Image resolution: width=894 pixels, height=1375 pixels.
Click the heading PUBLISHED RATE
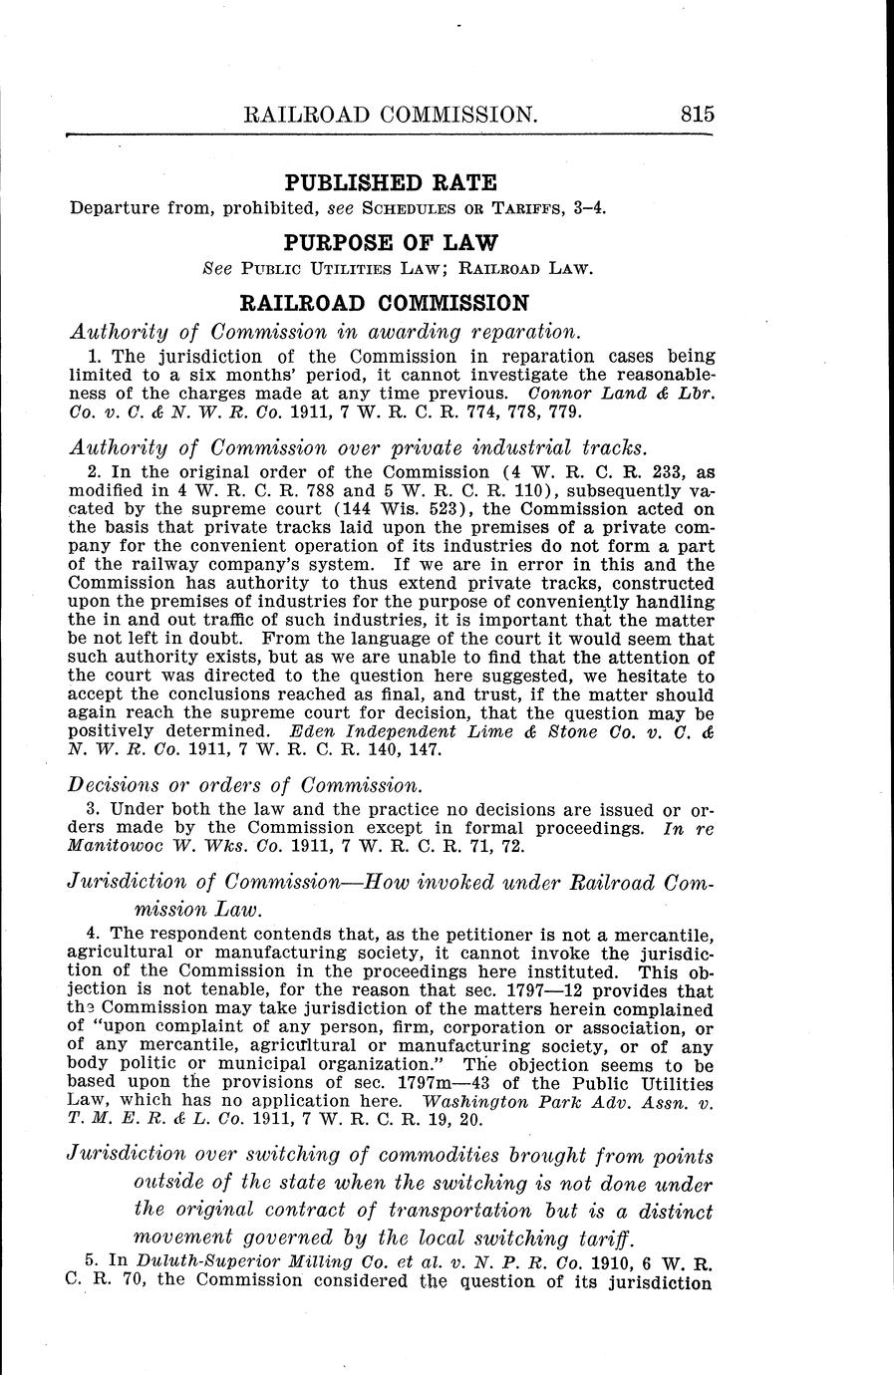(x=391, y=182)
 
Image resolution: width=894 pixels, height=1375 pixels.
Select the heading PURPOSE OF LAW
(x=391, y=242)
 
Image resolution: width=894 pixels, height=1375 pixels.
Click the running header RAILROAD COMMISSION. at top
(x=392, y=114)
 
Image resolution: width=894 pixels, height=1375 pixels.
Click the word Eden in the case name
(x=304, y=731)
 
